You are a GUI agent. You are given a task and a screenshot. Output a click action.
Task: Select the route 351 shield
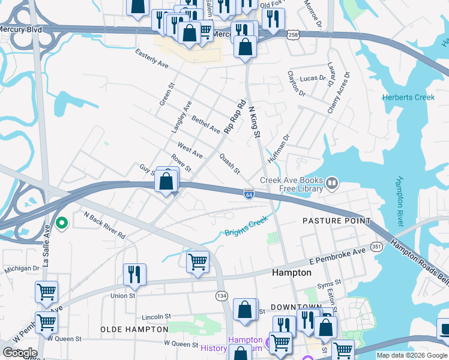[x=376, y=246]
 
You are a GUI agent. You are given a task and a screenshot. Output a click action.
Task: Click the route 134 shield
[x=221, y=296]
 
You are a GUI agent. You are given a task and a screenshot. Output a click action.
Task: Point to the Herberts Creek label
[x=404, y=97]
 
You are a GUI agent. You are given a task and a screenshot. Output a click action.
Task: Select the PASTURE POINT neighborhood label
[x=337, y=221]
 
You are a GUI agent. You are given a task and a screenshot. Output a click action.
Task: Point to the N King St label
[x=253, y=119]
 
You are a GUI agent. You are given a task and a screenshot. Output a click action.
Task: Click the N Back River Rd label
[x=105, y=224]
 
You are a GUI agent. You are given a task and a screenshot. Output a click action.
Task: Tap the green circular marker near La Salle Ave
[x=61, y=223]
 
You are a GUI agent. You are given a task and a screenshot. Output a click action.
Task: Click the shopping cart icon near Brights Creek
[x=198, y=262]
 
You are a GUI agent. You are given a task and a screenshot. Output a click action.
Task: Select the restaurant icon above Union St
[x=134, y=274]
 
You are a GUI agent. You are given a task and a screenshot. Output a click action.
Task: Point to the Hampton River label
[x=399, y=202]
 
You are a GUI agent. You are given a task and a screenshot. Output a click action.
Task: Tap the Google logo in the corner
[x=20, y=352]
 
